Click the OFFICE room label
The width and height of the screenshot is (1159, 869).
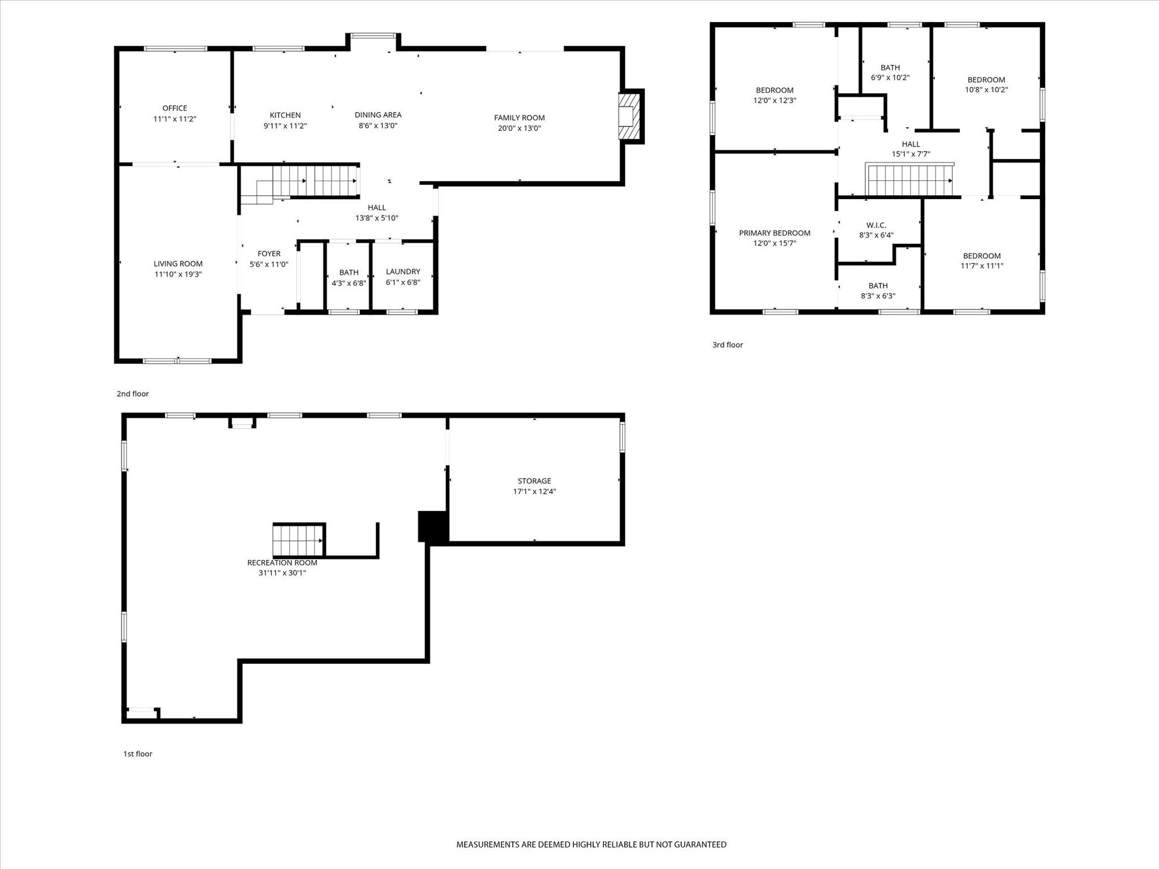pyautogui.click(x=174, y=108)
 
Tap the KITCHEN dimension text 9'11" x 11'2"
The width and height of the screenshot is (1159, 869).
pyautogui.click(x=285, y=126)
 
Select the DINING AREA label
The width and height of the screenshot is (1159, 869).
pyautogui.click(x=378, y=115)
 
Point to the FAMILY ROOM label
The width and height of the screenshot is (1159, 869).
pyautogui.click(x=520, y=118)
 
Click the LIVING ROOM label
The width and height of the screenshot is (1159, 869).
pyautogui.click(x=178, y=264)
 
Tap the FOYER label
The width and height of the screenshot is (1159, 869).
pyautogui.click(x=269, y=253)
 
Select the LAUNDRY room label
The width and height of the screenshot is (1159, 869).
pyautogui.click(x=403, y=272)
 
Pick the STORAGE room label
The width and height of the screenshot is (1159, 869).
pyautogui.click(x=534, y=481)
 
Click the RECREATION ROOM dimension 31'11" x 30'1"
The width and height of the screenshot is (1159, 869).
pyautogui.click(x=282, y=573)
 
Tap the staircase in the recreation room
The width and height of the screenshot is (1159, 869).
pyautogui.click(x=298, y=540)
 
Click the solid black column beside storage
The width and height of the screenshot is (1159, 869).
pyautogui.click(x=433, y=527)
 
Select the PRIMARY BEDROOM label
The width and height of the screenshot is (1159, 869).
pyautogui.click(x=775, y=233)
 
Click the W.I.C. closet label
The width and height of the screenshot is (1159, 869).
pyautogui.click(x=876, y=225)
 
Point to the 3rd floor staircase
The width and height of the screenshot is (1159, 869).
pyautogui.click(x=909, y=180)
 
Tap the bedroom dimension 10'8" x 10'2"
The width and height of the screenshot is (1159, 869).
pyautogui.click(x=986, y=89)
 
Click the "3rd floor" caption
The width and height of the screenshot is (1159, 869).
pyautogui.click(x=728, y=345)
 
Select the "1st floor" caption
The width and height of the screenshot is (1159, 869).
pyautogui.click(x=138, y=754)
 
